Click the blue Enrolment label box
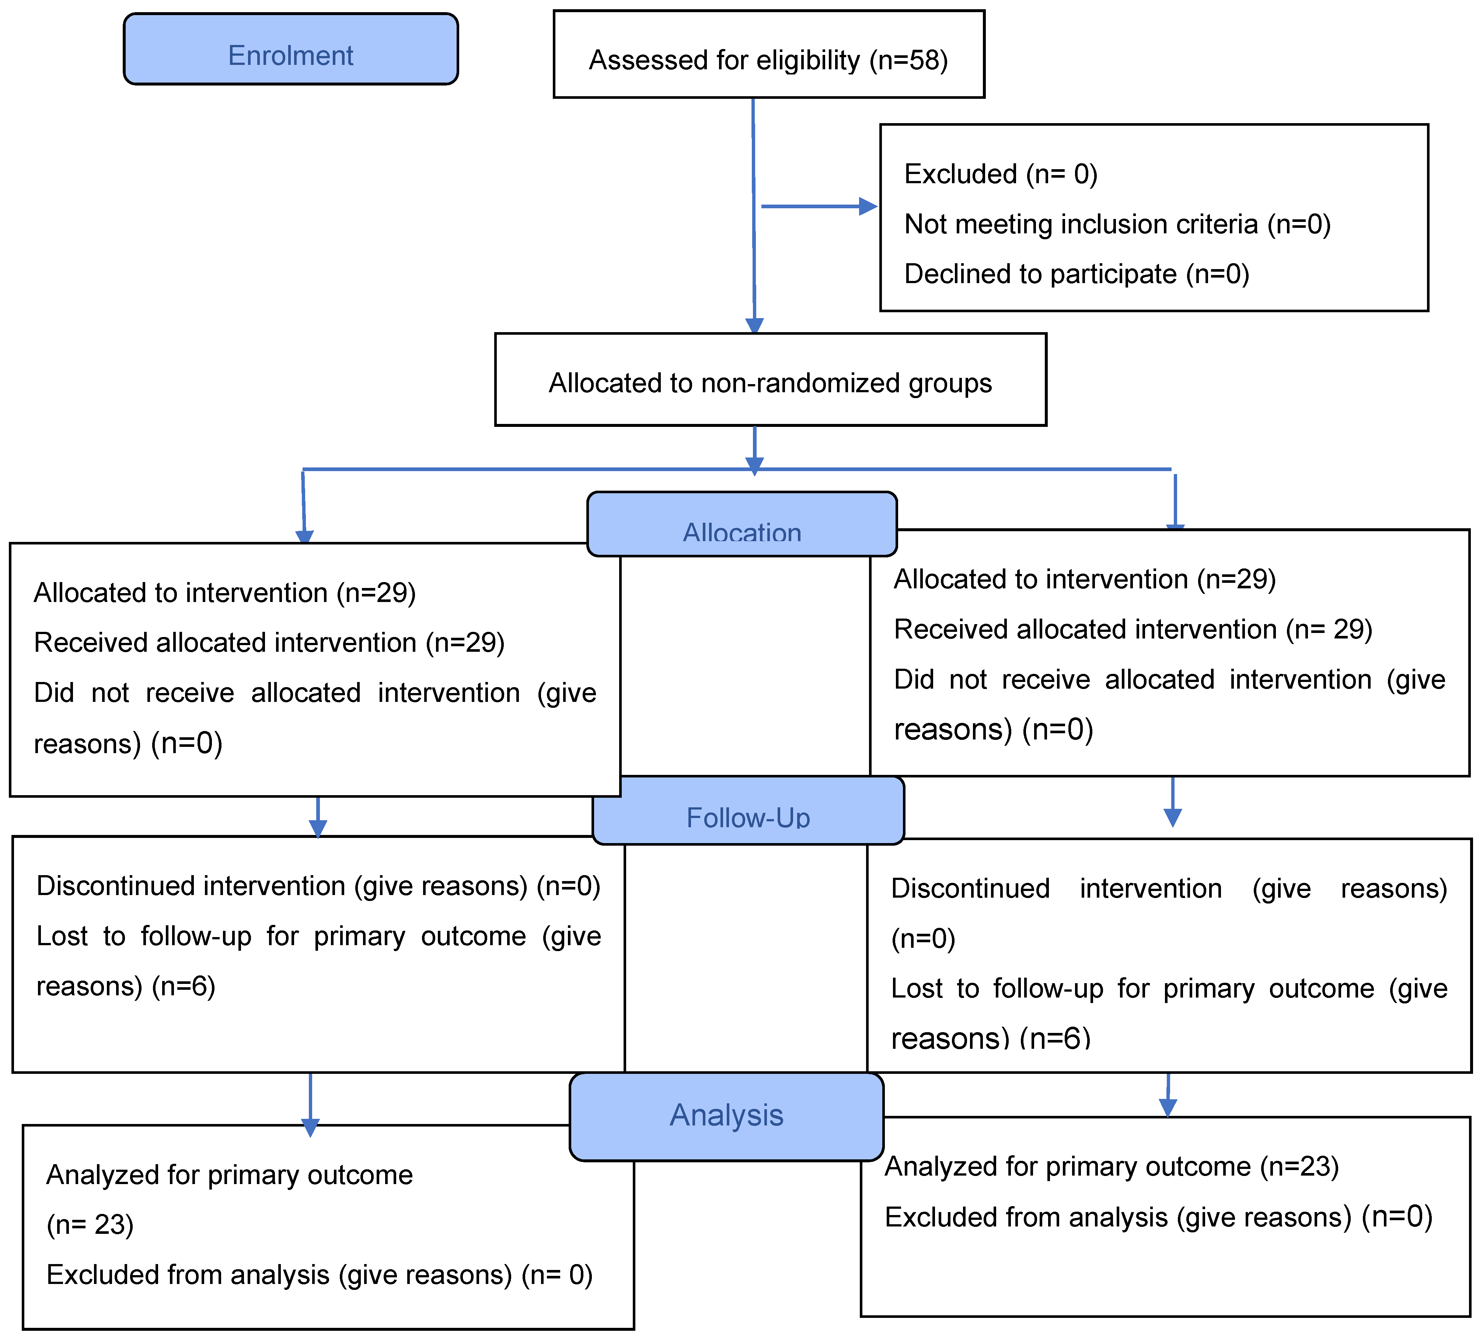pos(290,49)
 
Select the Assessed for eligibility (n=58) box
pos(769,54)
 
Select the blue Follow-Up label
pos(748,810)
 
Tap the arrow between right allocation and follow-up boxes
pos(1173,802)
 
